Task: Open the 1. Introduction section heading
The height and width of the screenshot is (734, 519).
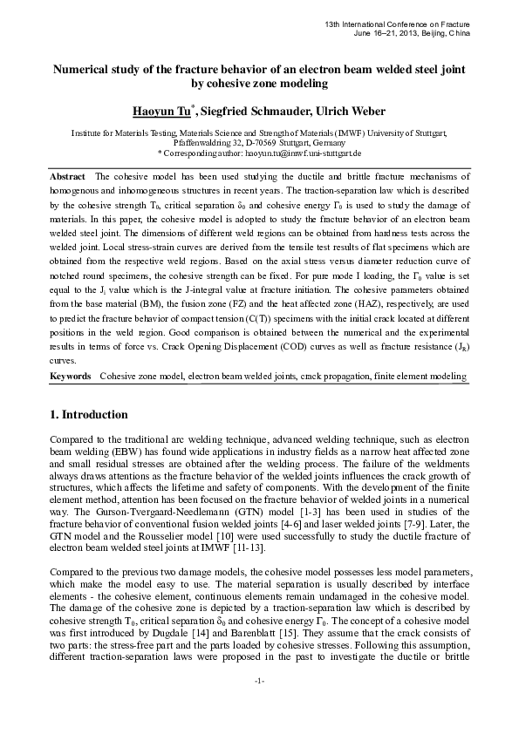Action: click(89, 414)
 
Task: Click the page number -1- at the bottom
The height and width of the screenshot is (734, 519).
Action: click(259, 703)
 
